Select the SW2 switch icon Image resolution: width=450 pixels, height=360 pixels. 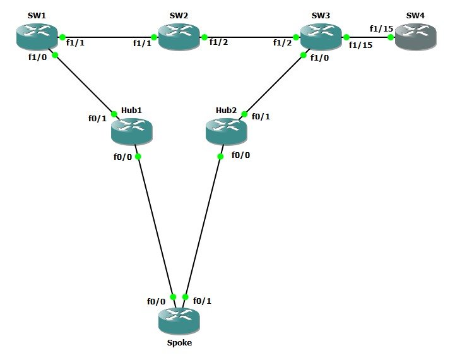tap(179, 37)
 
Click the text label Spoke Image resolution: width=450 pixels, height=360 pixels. tap(179, 343)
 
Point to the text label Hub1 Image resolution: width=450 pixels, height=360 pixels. tap(131, 110)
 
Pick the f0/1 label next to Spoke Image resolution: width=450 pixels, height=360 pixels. tap(202, 301)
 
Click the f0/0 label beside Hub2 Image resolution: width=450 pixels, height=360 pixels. tap(240, 155)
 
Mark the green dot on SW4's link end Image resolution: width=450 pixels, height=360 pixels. tap(391, 37)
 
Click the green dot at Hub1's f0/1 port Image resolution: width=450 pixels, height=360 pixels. tap(114, 114)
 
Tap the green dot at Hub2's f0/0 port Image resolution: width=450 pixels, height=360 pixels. tap(221, 156)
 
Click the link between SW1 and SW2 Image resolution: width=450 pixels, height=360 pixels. tap(107, 37)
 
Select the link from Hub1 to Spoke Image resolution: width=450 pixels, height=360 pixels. tap(155, 224)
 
